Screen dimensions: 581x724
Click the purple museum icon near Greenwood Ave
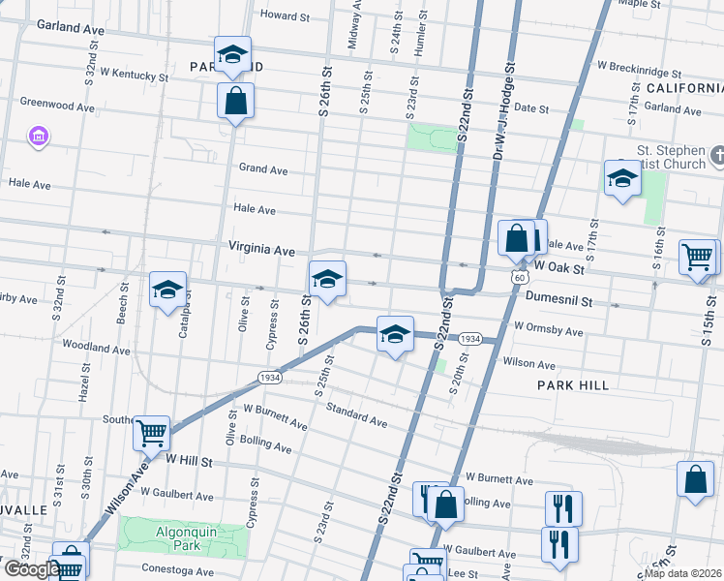39,135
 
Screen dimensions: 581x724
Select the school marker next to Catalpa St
167,290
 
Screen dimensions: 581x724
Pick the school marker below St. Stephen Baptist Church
622,178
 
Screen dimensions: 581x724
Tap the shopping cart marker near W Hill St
151,434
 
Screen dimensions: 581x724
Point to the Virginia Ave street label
261,250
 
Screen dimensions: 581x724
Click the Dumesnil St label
558,302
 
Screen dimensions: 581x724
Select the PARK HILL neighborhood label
573,385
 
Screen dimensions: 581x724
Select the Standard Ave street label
356,416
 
